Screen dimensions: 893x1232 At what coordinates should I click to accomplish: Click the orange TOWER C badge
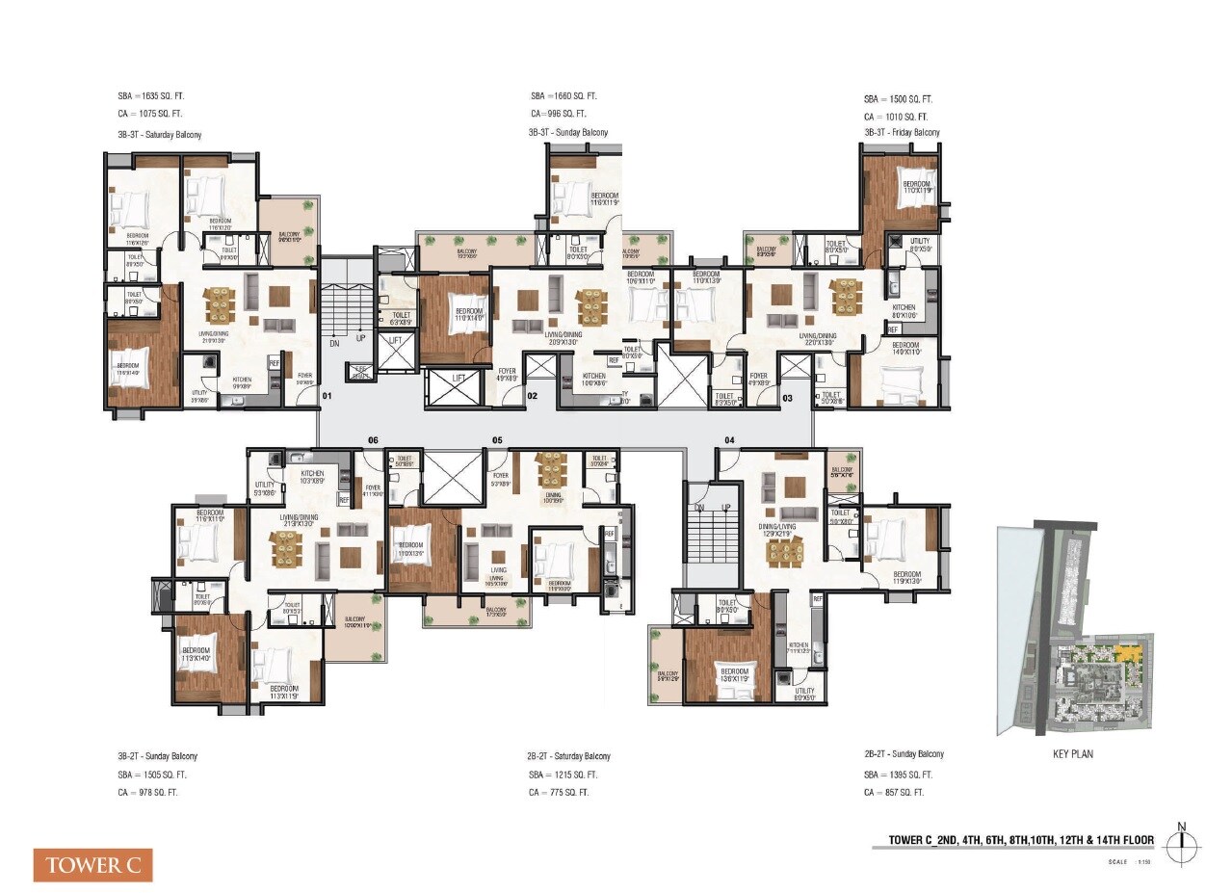(93, 864)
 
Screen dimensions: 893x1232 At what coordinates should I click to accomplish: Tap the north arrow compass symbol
(1183, 844)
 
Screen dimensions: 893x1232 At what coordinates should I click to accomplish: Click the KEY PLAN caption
(1074, 754)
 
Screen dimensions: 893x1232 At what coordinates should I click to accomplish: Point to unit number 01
(327, 396)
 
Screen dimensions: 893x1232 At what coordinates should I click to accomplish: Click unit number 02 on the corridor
(532, 396)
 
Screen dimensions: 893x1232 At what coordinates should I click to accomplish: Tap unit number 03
(787, 396)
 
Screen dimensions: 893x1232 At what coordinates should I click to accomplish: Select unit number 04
(729, 440)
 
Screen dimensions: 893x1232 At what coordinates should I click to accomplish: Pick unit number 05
(497, 440)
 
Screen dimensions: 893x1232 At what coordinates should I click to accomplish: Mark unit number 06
(373, 440)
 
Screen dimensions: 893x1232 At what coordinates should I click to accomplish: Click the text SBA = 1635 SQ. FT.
(149, 97)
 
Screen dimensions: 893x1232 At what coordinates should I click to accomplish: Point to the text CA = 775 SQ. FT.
(563, 792)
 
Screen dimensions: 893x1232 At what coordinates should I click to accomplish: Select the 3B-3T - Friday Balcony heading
(902, 132)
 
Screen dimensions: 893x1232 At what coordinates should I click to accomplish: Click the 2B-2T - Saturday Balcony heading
(568, 756)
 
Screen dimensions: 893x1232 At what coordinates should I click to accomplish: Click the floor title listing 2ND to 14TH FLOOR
(1012, 840)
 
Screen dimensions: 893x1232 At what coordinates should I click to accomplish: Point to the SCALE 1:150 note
(1130, 862)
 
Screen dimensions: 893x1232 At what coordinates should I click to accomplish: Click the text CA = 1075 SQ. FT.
(148, 115)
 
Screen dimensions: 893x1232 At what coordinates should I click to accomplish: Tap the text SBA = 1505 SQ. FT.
(152, 775)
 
